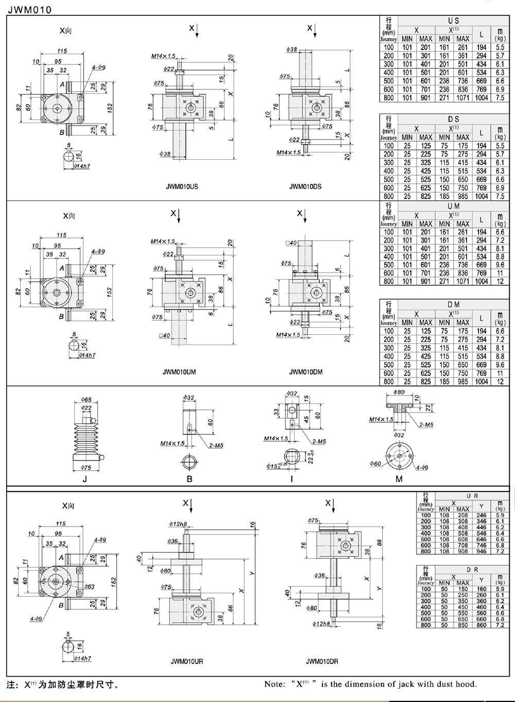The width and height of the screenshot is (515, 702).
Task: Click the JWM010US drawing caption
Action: click(x=181, y=186)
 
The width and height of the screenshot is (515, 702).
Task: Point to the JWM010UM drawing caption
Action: click(x=179, y=372)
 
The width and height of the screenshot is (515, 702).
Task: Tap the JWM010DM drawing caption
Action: click(x=305, y=372)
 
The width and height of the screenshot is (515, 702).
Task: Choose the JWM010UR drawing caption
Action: click(x=186, y=661)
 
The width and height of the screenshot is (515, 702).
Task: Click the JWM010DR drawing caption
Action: click(x=322, y=661)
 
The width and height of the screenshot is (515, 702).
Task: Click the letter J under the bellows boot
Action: click(x=85, y=479)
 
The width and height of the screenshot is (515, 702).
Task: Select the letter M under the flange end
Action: click(x=399, y=479)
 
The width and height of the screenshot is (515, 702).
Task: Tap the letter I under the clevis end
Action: click(x=292, y=479)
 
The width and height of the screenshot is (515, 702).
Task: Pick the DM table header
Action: click(x=453, y=305)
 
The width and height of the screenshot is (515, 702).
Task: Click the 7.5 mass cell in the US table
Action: click(x=500, y=98)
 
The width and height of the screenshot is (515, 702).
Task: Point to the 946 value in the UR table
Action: click(x=482, y=551)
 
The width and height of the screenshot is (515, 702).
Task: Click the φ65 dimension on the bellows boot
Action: click(x=86, y=400)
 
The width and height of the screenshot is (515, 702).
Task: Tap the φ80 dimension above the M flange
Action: click(x=399, y=392)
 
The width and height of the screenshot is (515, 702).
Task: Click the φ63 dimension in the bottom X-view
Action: click(x=89, y=587)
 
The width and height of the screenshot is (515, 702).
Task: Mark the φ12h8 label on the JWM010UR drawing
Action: click(x=178, y=524)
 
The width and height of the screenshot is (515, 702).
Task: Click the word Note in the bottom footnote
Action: click(x=274, y=684)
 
